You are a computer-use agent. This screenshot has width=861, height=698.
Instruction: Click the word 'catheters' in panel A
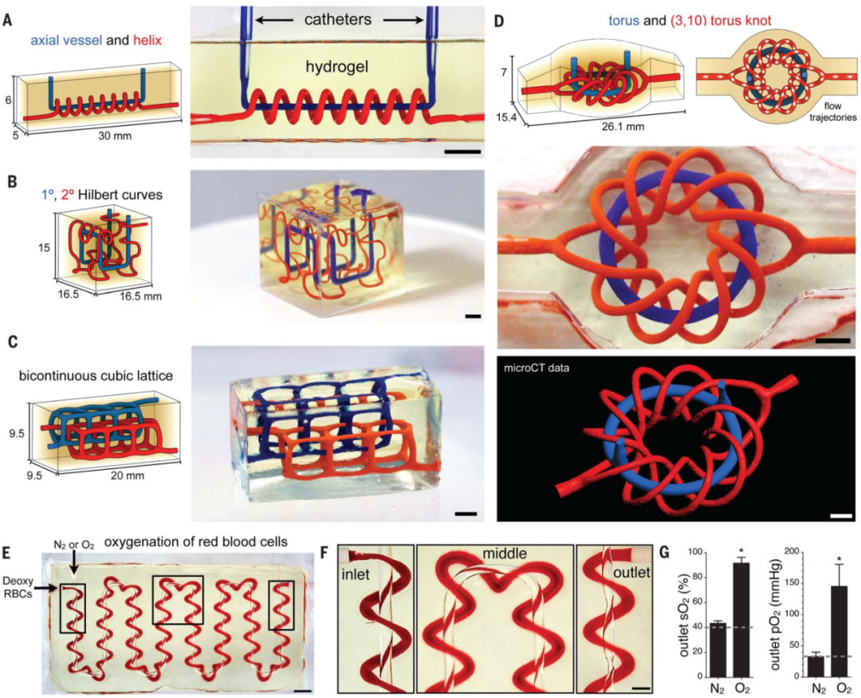pyautogui.click(x=338, y=20)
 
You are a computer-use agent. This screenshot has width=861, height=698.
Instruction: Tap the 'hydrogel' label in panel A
pyautogui.click(x=337, y=67)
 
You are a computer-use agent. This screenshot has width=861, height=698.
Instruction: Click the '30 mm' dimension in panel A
pyautogui.click(x=114, y=135)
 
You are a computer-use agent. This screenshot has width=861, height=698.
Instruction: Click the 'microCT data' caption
pyautogui.click(x=537, y=369)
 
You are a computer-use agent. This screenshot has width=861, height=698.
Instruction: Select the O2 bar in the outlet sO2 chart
pyautogui.click(x=741, y=619)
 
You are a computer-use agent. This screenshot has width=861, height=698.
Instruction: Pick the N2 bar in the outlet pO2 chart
pyautogui.click(x=816, y=666)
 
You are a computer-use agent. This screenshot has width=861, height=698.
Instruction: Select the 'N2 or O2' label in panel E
pyautogui.click(x=73, y=545)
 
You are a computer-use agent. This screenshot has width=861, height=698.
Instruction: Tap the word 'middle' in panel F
pyautogui.click(x=505, y=554)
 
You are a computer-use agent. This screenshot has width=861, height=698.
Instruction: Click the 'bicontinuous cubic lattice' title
pyautogui.click(x=96, y=376)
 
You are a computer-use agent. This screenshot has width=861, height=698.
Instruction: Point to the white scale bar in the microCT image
pyautogui.click(x=841, y=516)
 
